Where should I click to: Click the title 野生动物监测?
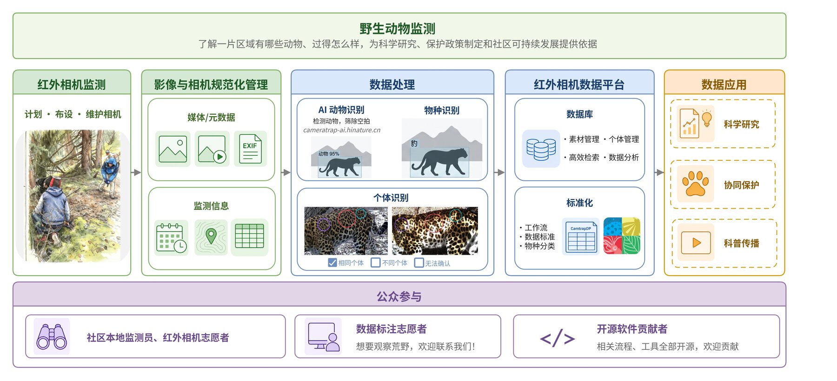coord(397,29)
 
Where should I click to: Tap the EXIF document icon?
coord(251,149)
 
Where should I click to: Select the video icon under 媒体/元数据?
coord(212,149)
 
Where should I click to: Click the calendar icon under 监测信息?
coord(172,238)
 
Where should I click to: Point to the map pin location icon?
coord(211,236)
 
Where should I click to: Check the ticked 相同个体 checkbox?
coord(332,263)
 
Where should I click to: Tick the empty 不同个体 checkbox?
coord(375,263)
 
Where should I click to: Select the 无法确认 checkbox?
coord(419,263)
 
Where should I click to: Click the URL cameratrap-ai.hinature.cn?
coord(342,130)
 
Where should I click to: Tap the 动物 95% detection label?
coord(329,154)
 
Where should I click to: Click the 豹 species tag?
coord(414,144)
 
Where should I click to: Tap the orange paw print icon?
coord(696,184)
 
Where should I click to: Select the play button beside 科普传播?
coord(696,243)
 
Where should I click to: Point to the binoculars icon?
coord(52,336)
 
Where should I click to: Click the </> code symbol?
coord(558,338)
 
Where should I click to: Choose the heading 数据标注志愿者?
coord(391,329)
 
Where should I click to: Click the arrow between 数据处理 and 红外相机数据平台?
coord(499,172)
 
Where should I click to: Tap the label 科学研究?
coord(741,125)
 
